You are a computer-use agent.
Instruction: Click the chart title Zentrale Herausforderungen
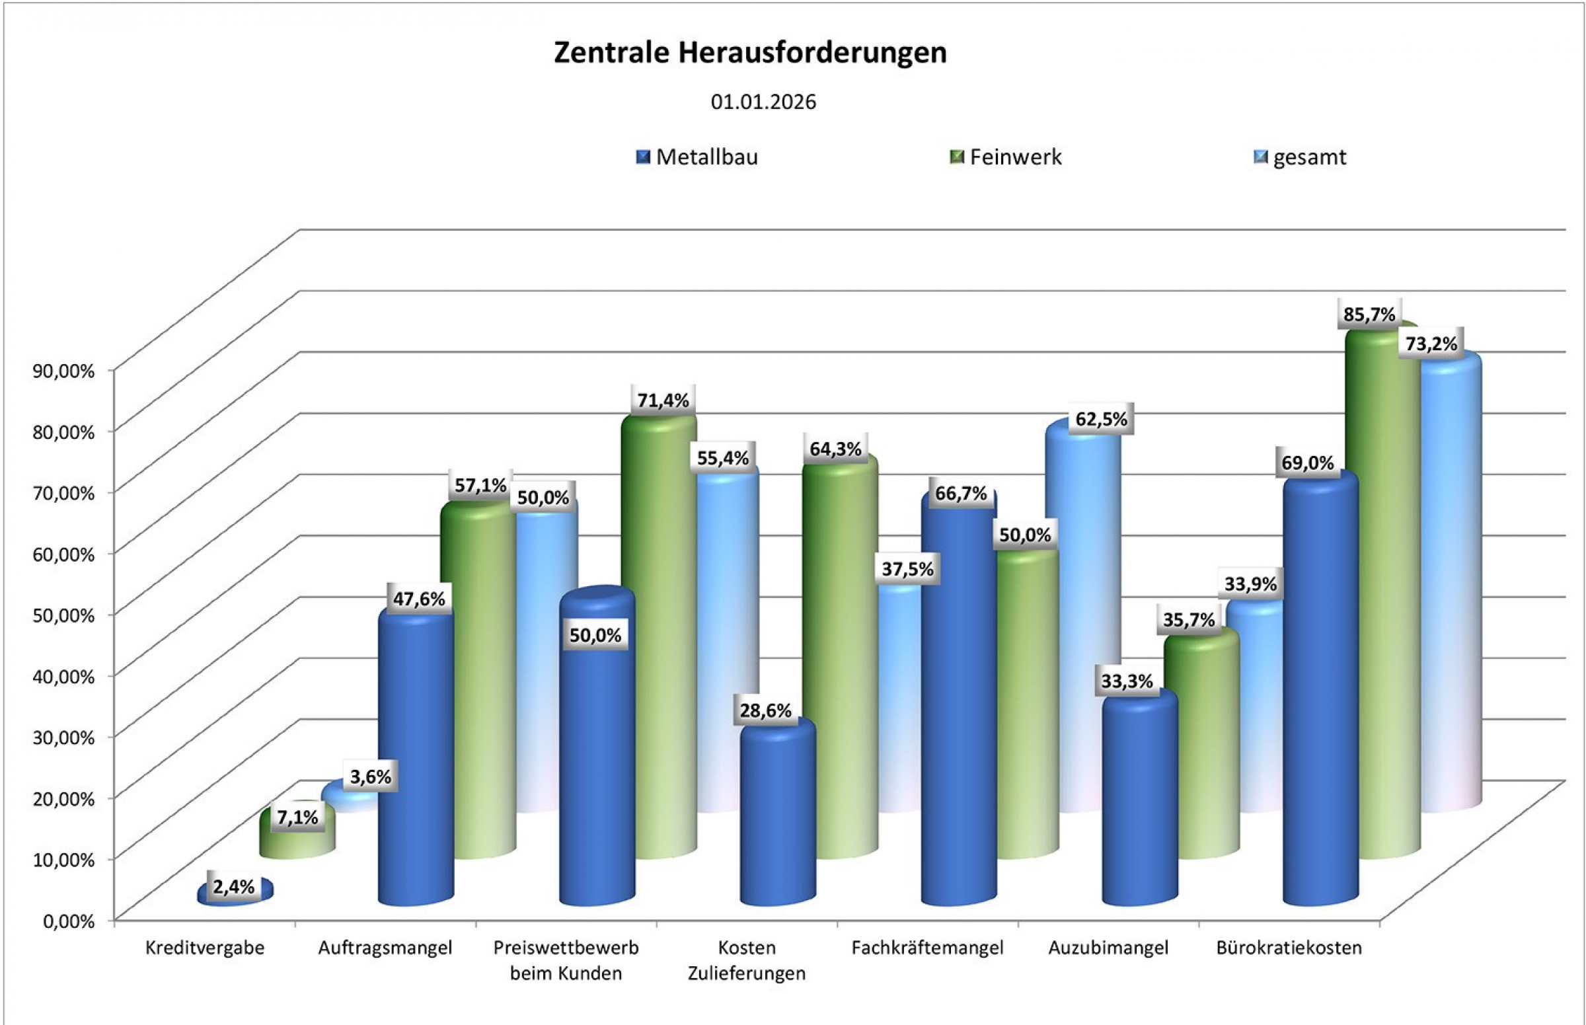click(x=750, y=54)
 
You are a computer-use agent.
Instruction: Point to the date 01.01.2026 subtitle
click(x=763, y=102)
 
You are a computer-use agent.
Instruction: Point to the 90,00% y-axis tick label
click(x=64, y=370)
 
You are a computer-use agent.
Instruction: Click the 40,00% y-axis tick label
click(x=64, y=675)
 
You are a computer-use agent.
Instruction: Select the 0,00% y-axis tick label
click(x=69, y=921)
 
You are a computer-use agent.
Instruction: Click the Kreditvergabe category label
click(x=205, y=948)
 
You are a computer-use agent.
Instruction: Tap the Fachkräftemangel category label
click(x=927, y=948)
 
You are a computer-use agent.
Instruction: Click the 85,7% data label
click(x=1369, y=314)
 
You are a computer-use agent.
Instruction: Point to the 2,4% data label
click(x=234, y=887)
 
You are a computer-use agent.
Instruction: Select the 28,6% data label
click(x=765, y=711)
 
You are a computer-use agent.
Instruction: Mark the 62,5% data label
click(x=1101, y=419)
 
